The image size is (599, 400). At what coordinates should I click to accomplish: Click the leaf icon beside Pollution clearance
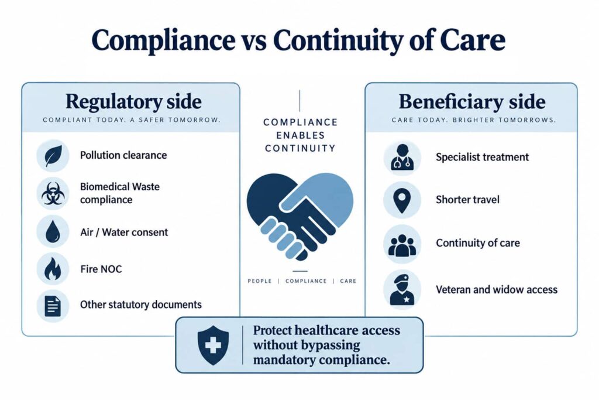coord(53,156)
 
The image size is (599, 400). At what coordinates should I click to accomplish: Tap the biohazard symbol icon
coord(53,193)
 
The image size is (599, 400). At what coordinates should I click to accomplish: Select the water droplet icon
coord(53,232)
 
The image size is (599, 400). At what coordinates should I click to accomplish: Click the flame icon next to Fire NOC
coord(53,268)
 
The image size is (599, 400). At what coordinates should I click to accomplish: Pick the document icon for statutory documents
coord(53,306)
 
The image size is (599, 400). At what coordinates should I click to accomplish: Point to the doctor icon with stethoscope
coord(402,157)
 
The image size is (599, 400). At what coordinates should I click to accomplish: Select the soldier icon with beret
coord(402,289)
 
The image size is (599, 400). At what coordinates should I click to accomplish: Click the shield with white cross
coord(213,346)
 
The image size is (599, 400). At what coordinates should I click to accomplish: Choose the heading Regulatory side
coord(133,102)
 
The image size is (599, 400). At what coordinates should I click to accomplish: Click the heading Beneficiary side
coord(472,102)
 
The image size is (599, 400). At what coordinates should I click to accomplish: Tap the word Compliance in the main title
coord(164,40)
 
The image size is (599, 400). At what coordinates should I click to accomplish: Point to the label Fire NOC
coord(101,269)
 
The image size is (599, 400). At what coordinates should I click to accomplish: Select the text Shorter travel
coord(467,200)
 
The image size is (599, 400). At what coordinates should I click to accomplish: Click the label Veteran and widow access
coord(497,289)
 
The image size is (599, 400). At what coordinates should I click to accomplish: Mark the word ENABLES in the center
coord(300,135)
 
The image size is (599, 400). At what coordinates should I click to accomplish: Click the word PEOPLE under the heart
coord(260,281)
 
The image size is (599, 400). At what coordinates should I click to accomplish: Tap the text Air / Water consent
coord(124,233)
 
